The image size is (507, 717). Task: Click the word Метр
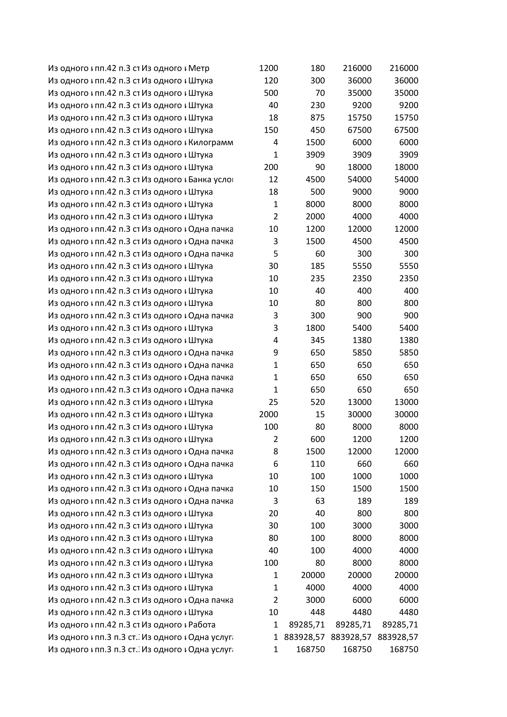tap(199, 68)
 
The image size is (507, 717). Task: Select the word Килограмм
tap(210, 143)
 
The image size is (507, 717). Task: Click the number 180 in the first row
tap(318, 68)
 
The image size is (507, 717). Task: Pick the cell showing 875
tap(318, 118)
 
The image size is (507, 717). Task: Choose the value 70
tap(320, 93)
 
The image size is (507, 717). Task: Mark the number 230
tap(318, 105)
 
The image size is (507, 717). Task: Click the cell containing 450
tap(318, 130)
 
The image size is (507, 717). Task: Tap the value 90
tap(320, 167)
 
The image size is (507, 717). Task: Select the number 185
tap(318, 266)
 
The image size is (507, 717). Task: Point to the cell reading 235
tap(318, 279)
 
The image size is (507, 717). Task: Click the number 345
tap(318, 340)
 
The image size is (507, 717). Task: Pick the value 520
tap(318, 402)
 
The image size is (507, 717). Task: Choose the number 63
tap(320, 501)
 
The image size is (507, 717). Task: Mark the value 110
tap(318, 464)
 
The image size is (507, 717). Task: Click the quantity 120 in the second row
tap(271, 81)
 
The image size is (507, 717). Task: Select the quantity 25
tap(273, 402)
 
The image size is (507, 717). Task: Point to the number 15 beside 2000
tap(320, 414)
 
